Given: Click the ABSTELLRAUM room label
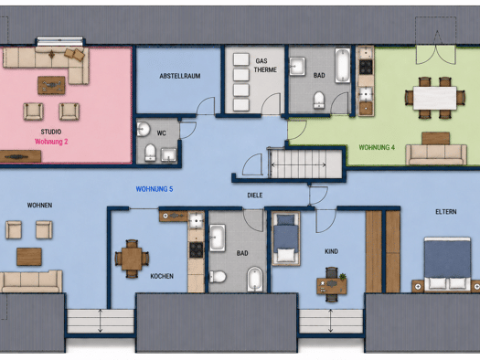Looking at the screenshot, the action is click(x=180, y=76).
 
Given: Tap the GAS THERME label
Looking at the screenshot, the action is click(x=265, y=66).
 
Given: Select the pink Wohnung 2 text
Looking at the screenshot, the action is click(x=51, y=142).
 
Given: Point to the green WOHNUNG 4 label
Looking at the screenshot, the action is click(x=377, y=147).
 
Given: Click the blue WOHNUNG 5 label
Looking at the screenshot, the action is click(x=155, y=189).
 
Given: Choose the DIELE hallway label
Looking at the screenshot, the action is click(x=255, y=196).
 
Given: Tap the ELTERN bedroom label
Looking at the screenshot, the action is click(x=446, y=212).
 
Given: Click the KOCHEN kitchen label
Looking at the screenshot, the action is click(x=162, y=276).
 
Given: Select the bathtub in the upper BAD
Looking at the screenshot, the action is click(x=342, y=65).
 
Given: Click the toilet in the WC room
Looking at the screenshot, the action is click(x=150, y=152).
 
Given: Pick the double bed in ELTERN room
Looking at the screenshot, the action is click(x=447, y=263).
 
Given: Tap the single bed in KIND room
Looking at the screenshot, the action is click(x=285, y=238).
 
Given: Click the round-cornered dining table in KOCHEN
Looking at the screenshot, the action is click(x=132, y=259).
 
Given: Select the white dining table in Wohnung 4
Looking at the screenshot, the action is click(x=434, y=98).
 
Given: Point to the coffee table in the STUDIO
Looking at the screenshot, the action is click(x=51, y=85).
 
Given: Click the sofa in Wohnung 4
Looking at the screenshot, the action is click(x=436, y=154).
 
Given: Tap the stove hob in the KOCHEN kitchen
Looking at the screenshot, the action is click(x=196, y=249).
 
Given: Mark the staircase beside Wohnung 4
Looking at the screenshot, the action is click(x=304, y=164).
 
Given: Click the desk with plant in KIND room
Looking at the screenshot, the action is click(x=332, y=286).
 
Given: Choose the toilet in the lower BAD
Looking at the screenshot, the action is click(x=218, y=277).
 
